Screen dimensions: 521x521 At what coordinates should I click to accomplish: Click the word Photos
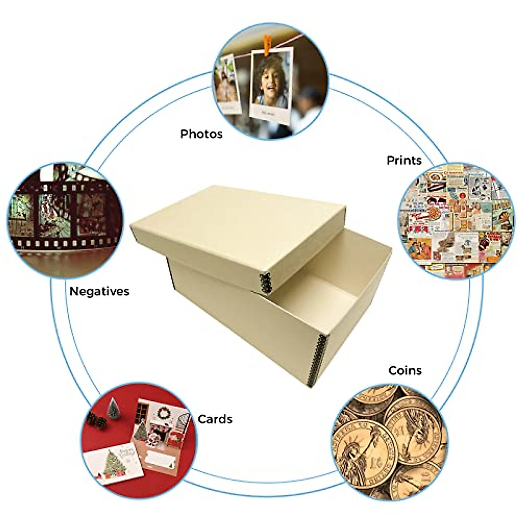[x=201, y=134]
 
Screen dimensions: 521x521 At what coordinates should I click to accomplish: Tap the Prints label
[x=404, y=160]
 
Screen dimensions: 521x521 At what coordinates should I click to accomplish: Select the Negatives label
[x=99, y=291]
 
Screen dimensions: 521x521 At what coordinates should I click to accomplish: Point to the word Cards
[x=215, y=419]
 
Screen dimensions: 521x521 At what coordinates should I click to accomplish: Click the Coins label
[x=405, y=370]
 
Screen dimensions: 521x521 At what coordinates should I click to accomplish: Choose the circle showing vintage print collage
[x=456, y=221]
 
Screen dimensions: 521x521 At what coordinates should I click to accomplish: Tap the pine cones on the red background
[x=97, y=420]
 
